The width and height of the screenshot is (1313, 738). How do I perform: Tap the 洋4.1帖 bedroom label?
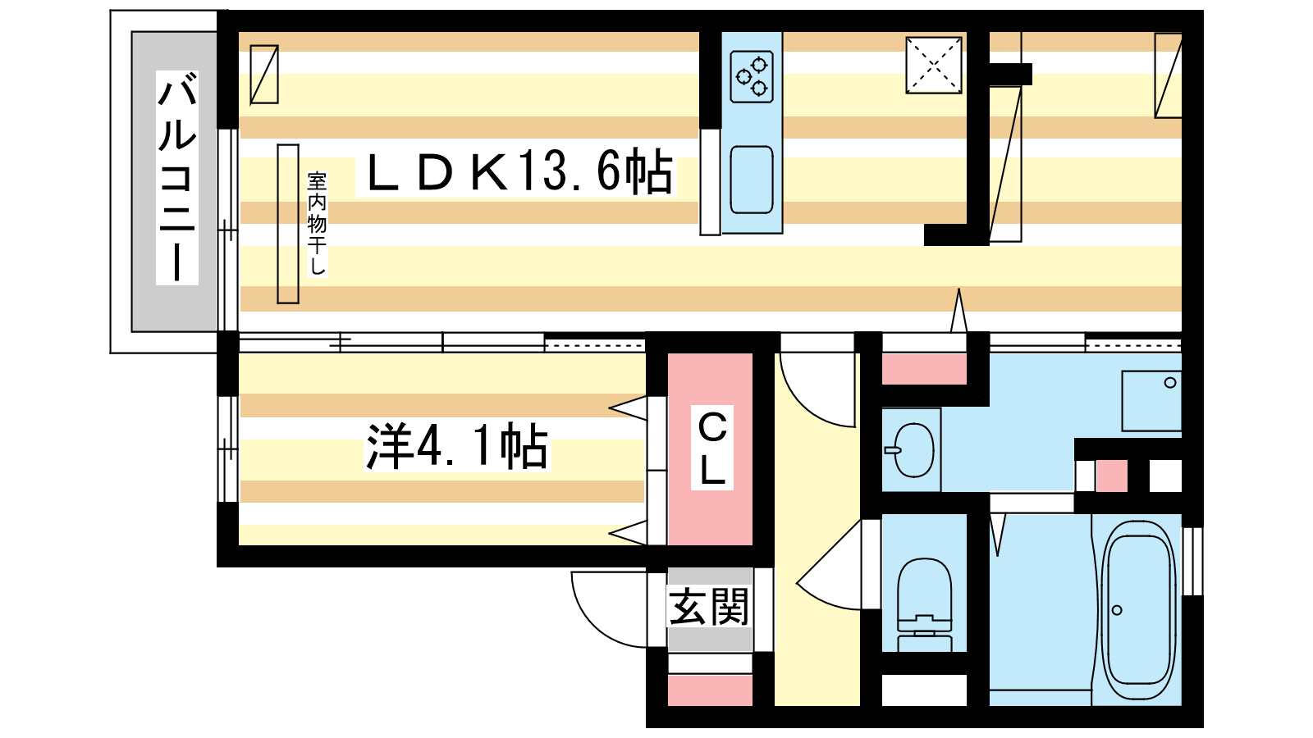click(456, 446)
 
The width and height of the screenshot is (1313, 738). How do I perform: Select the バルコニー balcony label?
click(177, 177)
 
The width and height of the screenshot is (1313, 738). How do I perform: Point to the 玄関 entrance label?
click(709, 607)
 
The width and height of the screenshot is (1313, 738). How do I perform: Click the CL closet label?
click(712, 448)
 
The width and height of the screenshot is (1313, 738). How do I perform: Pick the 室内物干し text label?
click(317, 223)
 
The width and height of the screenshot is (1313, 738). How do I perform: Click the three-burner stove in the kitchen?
click(752, 77)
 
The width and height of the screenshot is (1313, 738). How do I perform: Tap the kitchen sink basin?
click(752, 180)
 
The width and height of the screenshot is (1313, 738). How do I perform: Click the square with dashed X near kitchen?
click(934, 66)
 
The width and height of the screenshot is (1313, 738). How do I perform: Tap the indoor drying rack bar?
click(288, 224)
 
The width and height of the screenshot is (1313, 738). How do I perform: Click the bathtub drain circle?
click(1117, 610)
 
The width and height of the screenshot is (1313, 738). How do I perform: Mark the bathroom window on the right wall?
click(1192, 561)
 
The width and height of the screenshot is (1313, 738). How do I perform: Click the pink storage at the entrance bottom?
click(710, 690)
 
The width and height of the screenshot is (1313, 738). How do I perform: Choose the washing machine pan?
click(1151, 401)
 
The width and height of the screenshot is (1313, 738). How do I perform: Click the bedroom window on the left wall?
click(227, 449)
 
